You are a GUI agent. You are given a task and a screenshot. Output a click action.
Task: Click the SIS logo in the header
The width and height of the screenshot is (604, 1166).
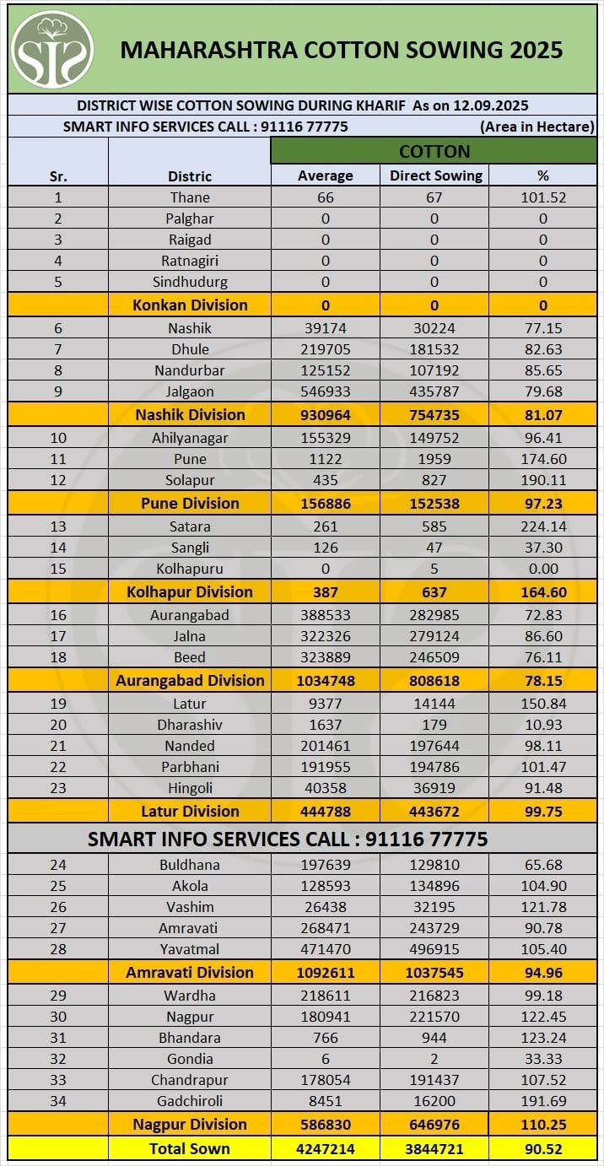52,49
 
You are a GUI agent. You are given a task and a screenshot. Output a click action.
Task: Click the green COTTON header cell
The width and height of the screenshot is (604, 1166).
434,152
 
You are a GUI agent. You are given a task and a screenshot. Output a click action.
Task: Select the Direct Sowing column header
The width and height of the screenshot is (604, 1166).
435,175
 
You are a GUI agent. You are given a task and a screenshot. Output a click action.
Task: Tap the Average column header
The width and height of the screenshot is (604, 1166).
326,175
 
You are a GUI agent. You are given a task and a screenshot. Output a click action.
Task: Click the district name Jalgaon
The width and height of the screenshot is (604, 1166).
190,391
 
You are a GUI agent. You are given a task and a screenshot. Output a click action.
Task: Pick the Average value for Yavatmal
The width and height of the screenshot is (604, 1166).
326,949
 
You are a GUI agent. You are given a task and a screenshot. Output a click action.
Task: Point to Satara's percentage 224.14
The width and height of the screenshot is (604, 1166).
543,526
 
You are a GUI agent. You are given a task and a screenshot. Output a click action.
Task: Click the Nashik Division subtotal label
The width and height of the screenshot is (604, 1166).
190,414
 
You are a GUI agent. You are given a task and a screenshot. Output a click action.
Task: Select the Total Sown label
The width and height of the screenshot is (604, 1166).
190,1148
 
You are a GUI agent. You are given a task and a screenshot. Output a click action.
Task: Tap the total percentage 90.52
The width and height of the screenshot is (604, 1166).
543,1148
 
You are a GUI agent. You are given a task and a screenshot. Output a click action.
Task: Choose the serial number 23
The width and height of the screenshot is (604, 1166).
58,788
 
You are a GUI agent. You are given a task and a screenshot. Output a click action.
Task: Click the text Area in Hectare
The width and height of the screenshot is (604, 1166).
537,127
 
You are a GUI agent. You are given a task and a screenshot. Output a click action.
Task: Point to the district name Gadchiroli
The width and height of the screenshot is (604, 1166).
190,1101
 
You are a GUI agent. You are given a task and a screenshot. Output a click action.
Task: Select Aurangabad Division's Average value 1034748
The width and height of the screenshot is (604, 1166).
326,680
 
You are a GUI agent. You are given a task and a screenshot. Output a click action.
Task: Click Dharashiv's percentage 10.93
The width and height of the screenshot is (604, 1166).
543,725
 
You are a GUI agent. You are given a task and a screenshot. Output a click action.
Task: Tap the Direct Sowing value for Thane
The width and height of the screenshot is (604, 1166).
435,197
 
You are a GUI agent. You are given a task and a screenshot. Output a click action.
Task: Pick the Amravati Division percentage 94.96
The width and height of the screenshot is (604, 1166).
543,972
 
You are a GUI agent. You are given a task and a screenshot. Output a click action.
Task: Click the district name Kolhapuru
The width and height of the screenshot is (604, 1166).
190,569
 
